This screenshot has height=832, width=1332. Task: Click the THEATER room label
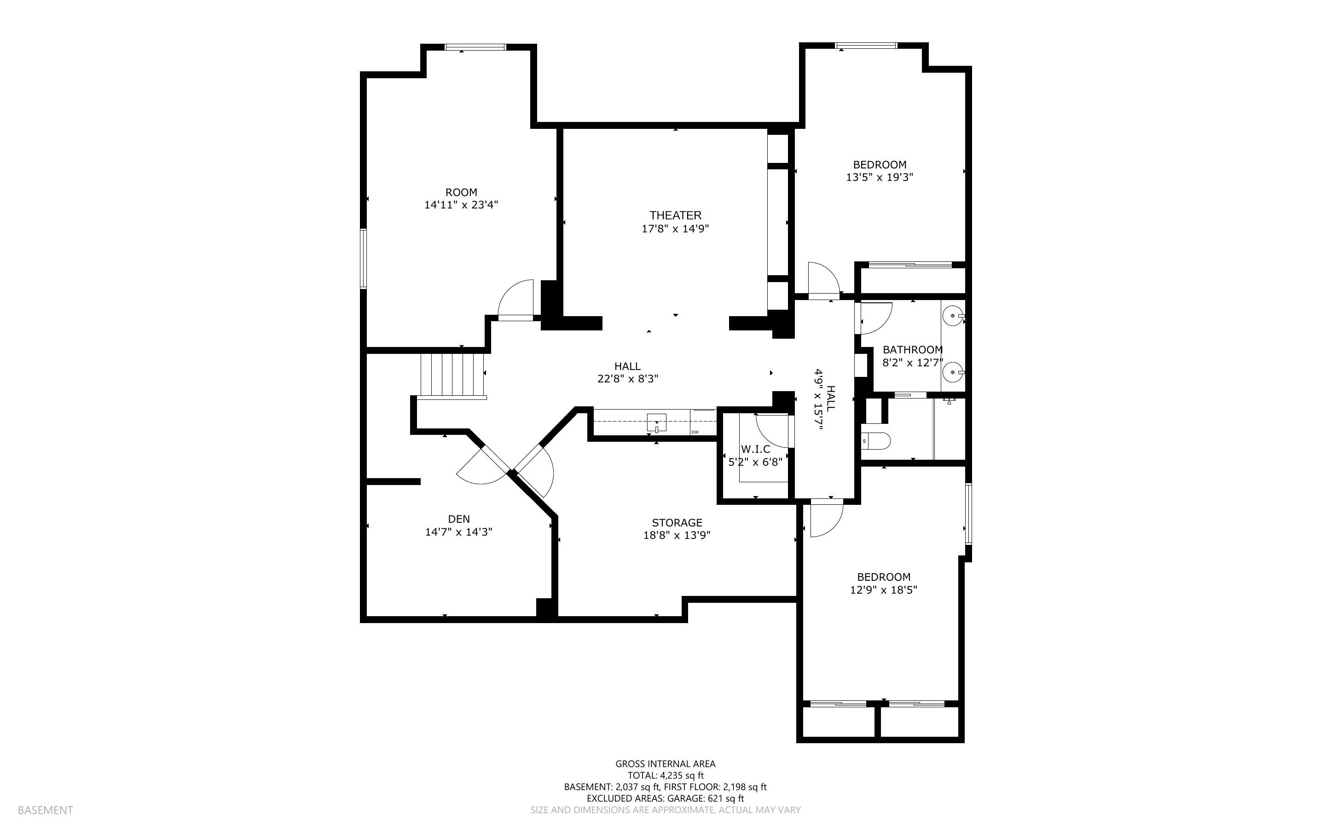tap(675, 215)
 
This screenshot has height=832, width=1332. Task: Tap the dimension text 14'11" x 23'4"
tap(461, 205)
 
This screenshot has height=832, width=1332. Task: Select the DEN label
tap(459, 519)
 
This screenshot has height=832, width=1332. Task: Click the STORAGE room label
tap(677, 523)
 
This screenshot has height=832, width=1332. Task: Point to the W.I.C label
tap(755, 449)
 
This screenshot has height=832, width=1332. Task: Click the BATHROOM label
tap(912, 349)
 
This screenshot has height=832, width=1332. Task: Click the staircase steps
tap(452, 374)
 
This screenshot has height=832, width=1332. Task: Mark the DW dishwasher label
tap(695, 432)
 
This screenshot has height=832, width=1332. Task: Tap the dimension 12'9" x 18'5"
tap(883, 590)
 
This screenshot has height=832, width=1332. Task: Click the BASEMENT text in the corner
tap(45, 810)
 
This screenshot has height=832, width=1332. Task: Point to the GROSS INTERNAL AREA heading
tap(665, 764)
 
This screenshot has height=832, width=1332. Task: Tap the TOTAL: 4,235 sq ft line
tap(665, 775)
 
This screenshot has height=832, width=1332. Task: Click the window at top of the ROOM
tap(475, 47)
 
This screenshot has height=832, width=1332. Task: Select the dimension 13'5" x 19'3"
tap(879, 177)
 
